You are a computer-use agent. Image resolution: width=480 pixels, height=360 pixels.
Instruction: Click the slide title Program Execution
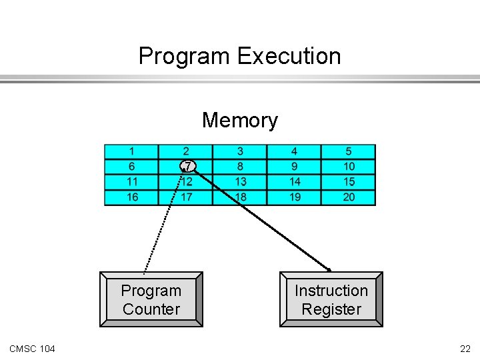pos(239,56)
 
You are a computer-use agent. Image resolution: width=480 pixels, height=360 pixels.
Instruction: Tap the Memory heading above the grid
pos(239,121)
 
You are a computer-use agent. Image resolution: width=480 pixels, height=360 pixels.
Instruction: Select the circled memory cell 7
pos(188,166)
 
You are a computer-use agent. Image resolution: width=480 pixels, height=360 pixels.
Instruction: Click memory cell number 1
pos(132,152)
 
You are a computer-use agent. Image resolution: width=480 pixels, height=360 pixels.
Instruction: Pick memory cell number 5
pos(349,152)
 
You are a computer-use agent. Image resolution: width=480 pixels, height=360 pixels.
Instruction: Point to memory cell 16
pos(132,197)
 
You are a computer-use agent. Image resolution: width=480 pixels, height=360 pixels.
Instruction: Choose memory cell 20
pos(349,197)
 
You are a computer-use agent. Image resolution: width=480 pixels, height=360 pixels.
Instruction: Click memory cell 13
pos(240,181)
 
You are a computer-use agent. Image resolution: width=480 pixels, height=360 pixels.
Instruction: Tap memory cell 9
pos(295,167)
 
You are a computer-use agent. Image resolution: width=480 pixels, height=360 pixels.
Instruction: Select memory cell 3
pos(240,152)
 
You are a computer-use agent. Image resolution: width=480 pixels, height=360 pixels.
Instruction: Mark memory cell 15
pos(349,181)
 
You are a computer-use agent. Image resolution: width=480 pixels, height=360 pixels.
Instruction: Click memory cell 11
pos(132,181)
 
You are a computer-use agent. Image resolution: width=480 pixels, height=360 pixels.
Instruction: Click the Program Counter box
pos(151,299)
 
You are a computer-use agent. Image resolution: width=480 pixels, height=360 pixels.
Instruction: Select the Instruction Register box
pos(331,299)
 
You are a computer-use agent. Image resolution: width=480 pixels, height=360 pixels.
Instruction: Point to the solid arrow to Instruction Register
pos(267,223)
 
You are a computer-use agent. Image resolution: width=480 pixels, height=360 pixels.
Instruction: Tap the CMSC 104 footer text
pos(33,349)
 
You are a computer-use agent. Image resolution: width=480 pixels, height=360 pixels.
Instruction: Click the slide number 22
pos(465,349)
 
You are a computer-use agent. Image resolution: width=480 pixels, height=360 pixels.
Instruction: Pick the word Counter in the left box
pos(151,309)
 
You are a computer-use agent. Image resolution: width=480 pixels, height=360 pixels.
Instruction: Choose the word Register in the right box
pos(331,309)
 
